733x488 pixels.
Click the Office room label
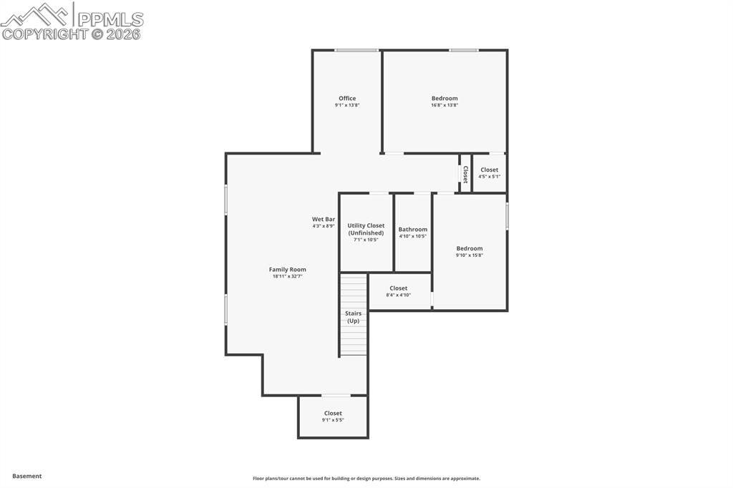point(347,99)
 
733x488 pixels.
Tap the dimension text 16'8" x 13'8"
point(444,105)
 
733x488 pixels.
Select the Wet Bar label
point(323,219)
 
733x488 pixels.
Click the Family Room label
point(287,270)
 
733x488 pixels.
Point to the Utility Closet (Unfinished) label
point(366,229)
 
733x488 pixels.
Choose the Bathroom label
point(413,230)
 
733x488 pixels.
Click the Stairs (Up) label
point(353,317)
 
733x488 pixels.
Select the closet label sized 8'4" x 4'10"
point(399,288)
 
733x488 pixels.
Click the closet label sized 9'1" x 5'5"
point(333,413)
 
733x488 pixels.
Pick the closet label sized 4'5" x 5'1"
point(490,170)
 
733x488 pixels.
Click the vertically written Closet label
point(465,174)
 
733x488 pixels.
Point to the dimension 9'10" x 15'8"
point(470,255)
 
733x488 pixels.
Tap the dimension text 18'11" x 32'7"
point(287,276)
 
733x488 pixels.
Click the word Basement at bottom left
point(27,476)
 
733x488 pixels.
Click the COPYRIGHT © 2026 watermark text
point(72,34)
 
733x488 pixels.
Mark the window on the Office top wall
point(356,50)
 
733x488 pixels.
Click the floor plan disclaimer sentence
point(366,479)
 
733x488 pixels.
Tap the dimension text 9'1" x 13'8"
point(347,105)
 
